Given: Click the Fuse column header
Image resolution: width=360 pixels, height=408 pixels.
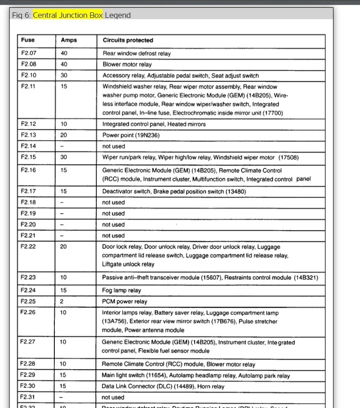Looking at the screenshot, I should [x=28, y=40].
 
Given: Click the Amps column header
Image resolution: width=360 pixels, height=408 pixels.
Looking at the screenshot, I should [x=69, y=40].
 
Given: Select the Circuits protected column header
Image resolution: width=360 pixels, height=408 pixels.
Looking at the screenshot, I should [x=128, y=40].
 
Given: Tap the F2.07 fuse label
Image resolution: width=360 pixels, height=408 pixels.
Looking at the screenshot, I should [x=28, y=53].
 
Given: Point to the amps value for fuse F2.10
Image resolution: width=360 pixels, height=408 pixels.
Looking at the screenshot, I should [x=64, y=75].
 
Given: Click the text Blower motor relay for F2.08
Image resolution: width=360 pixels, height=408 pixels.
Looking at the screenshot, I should [x=127, y=64].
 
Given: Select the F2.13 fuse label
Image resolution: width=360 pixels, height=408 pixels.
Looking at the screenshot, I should [x=28, y=135].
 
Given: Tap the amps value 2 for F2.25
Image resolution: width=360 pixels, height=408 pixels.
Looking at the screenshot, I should [x=61, y=301].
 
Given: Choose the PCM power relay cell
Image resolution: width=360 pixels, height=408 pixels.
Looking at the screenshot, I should [x=124, y=301].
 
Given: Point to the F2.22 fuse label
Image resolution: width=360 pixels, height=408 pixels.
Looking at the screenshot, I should [x=28, y=247].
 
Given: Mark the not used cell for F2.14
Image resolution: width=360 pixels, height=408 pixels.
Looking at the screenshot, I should [x=113, y=146].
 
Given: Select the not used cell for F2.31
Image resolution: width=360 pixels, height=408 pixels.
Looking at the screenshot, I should [x=113, y=397].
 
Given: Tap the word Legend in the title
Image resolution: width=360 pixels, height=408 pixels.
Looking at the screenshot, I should [x=118, y=15].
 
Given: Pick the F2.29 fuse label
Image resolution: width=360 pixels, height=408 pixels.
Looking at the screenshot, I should [x=28, y=376].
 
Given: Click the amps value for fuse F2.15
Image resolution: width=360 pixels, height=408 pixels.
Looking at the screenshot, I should [x=64, y=157].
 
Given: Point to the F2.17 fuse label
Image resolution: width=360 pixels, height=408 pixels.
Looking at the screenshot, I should [x=28, y=192].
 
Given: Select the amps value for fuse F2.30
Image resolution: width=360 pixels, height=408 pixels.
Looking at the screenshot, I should [x=64, y=387].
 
